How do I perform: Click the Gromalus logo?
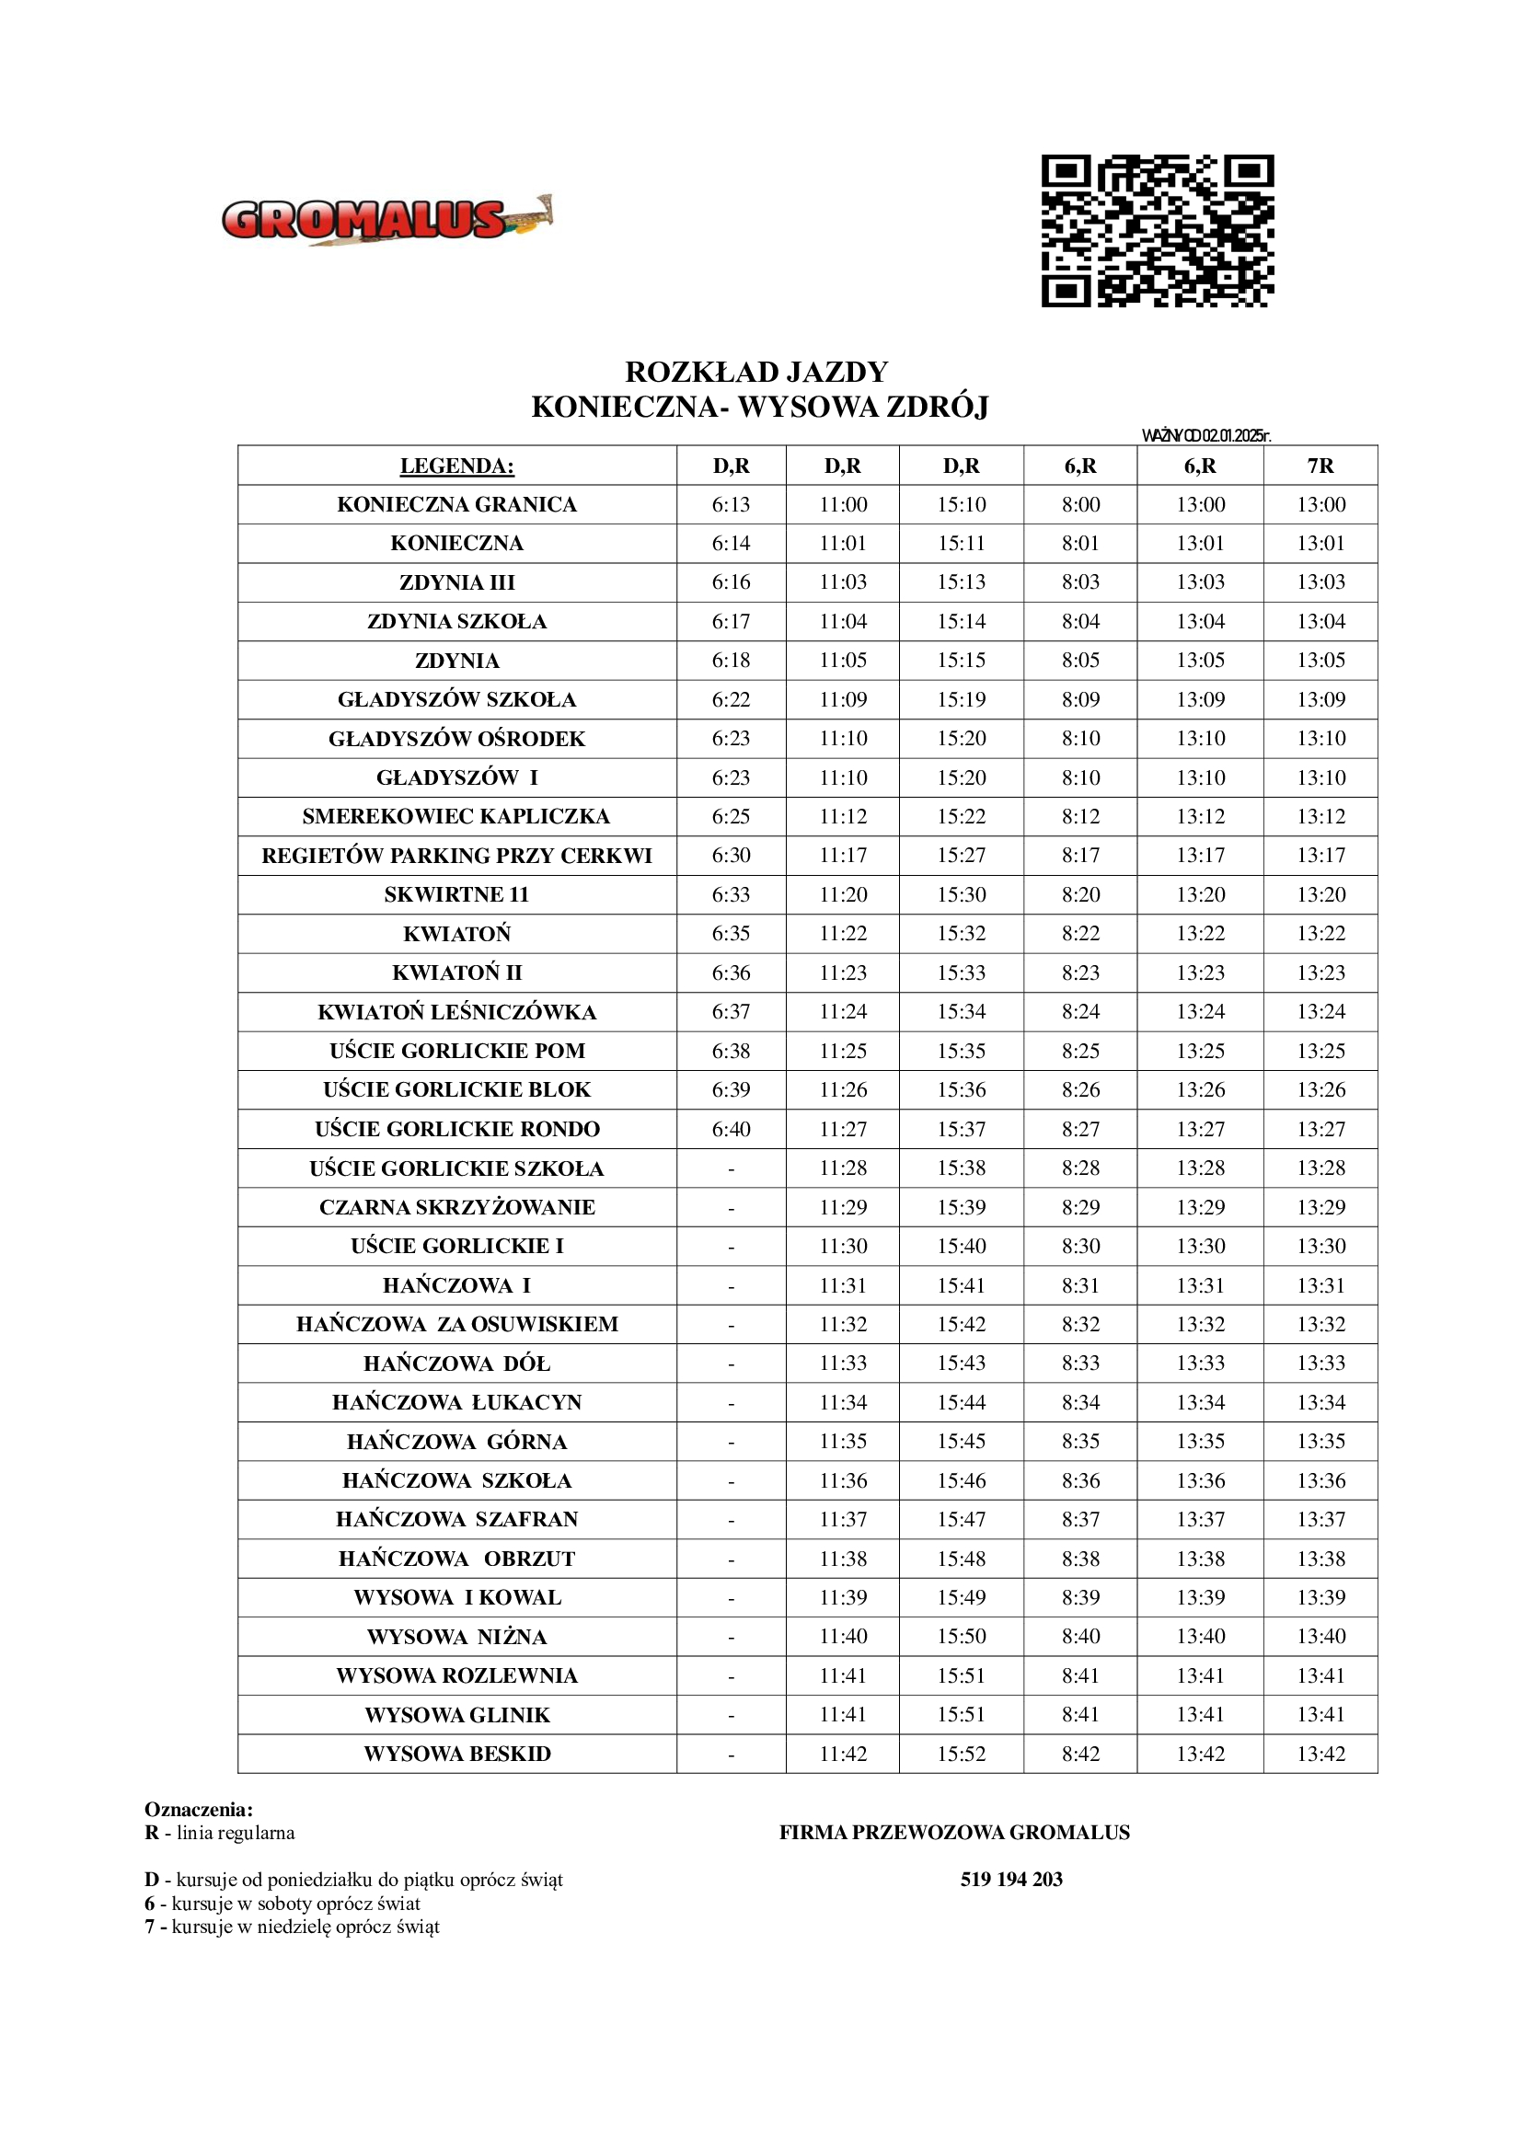386,221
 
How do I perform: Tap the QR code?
1158,231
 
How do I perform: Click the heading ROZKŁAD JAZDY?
756,372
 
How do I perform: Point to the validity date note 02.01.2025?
1206,435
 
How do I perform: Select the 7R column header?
1320,466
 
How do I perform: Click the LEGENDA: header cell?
456,466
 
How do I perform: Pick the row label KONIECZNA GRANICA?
456,504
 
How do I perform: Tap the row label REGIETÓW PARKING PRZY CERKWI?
456,856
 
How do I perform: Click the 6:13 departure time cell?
731,504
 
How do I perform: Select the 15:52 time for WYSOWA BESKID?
962,1754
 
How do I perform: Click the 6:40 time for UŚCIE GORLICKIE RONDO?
731,1130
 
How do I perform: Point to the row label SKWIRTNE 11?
456,895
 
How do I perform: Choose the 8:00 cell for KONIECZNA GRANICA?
1080,504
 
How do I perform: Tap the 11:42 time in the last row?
844,1754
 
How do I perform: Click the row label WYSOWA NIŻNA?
456,1637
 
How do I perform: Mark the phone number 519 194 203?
1011,1880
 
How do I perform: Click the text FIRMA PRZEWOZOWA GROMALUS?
954,1833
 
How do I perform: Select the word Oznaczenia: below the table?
199,1810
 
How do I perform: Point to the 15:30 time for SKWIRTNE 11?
962,895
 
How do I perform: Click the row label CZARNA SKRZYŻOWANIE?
456,1207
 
